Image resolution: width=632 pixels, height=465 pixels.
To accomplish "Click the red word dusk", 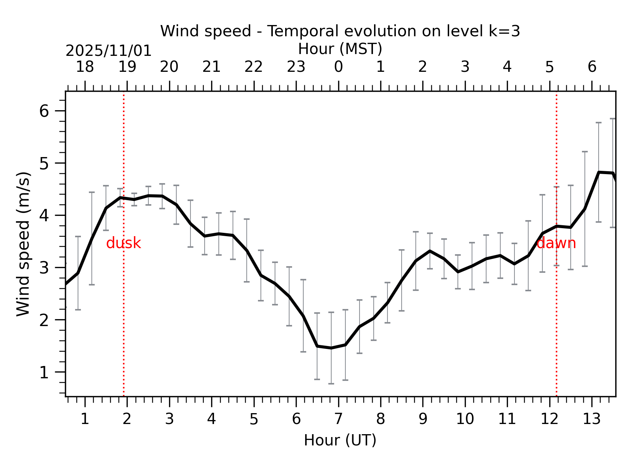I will pos(123,243).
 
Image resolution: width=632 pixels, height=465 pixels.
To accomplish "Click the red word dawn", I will pos(556,243).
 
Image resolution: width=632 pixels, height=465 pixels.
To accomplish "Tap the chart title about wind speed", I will pos(340,31).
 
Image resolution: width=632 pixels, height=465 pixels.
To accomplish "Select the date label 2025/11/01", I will pos(108,51).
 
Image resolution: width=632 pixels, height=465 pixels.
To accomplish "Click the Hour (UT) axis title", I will pos(340,440).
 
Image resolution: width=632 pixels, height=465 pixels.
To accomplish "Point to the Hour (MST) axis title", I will pos(340,49).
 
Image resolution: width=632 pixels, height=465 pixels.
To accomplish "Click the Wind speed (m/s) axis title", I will pos(24,244).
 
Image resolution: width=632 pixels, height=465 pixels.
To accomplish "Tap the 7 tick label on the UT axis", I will pos(338,419).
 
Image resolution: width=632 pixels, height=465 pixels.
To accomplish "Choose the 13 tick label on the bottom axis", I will pos(591,419).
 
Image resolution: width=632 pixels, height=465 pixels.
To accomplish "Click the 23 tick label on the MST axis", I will pos(296,67).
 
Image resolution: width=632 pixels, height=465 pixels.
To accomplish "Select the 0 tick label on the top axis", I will pos(338,67).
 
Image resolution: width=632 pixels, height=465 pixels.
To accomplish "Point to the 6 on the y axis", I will pos(44,111).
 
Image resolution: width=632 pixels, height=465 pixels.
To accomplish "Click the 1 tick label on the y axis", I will pos(44,372).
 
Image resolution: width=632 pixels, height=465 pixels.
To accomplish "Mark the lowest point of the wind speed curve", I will pos(331,348).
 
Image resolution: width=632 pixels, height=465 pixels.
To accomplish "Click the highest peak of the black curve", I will pos(599,172).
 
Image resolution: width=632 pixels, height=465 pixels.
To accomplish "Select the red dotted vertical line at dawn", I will pos(556,308).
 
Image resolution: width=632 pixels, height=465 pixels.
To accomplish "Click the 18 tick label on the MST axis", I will pos(85,67).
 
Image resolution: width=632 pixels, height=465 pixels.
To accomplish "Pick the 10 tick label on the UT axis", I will pos(465,419).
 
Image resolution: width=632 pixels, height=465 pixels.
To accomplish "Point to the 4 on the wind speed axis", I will pos(44,215).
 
